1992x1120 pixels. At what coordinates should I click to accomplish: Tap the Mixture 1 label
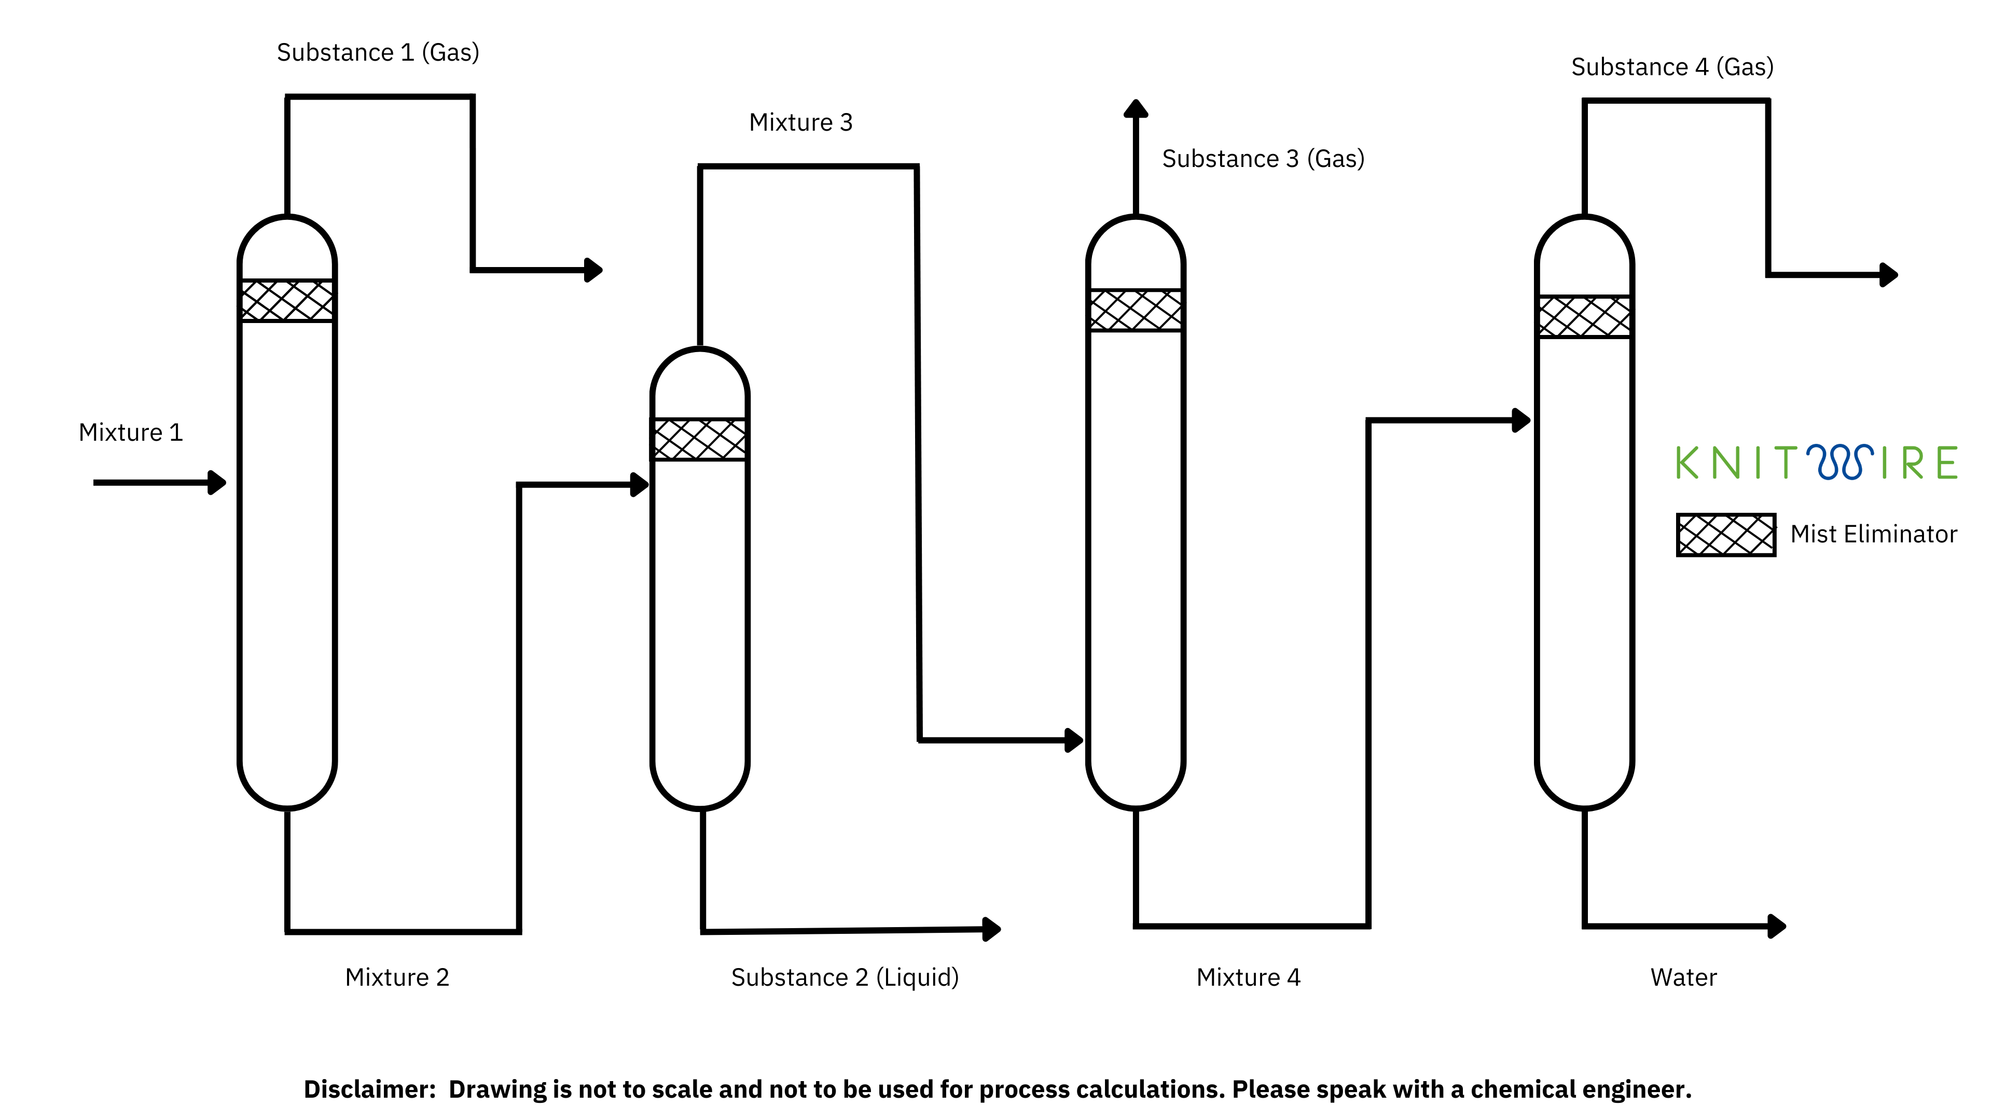click(x=131, y=432)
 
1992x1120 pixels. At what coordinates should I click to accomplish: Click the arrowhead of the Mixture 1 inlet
click(x=218, y=482)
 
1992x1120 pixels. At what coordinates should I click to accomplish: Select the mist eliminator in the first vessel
click(x=287, y=301)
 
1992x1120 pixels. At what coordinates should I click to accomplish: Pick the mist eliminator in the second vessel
click(x=700, y=439)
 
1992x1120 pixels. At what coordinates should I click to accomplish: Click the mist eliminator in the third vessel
click(x=1135, y=310)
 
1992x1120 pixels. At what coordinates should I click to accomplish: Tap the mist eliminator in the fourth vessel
click(x=1584, y=317)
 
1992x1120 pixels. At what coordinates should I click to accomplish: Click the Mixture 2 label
click(x=397, y=977)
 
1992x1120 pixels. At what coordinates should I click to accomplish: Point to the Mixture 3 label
click(x=800, y=122)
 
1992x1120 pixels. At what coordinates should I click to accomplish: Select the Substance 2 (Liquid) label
click(x=845, y=977)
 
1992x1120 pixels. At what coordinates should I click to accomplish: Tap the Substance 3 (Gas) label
click(x=1263, y=159)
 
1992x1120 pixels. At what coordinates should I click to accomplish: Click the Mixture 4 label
click(x=1248, y=977)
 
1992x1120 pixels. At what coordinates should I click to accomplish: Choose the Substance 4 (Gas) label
click(x=1672, y=67)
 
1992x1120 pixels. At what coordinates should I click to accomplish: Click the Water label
click(x=1683, y=977)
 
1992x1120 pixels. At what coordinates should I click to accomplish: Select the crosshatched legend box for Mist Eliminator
click(x=1725, y=534)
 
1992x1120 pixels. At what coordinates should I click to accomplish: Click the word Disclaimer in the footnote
click(x=369, y=1089)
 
